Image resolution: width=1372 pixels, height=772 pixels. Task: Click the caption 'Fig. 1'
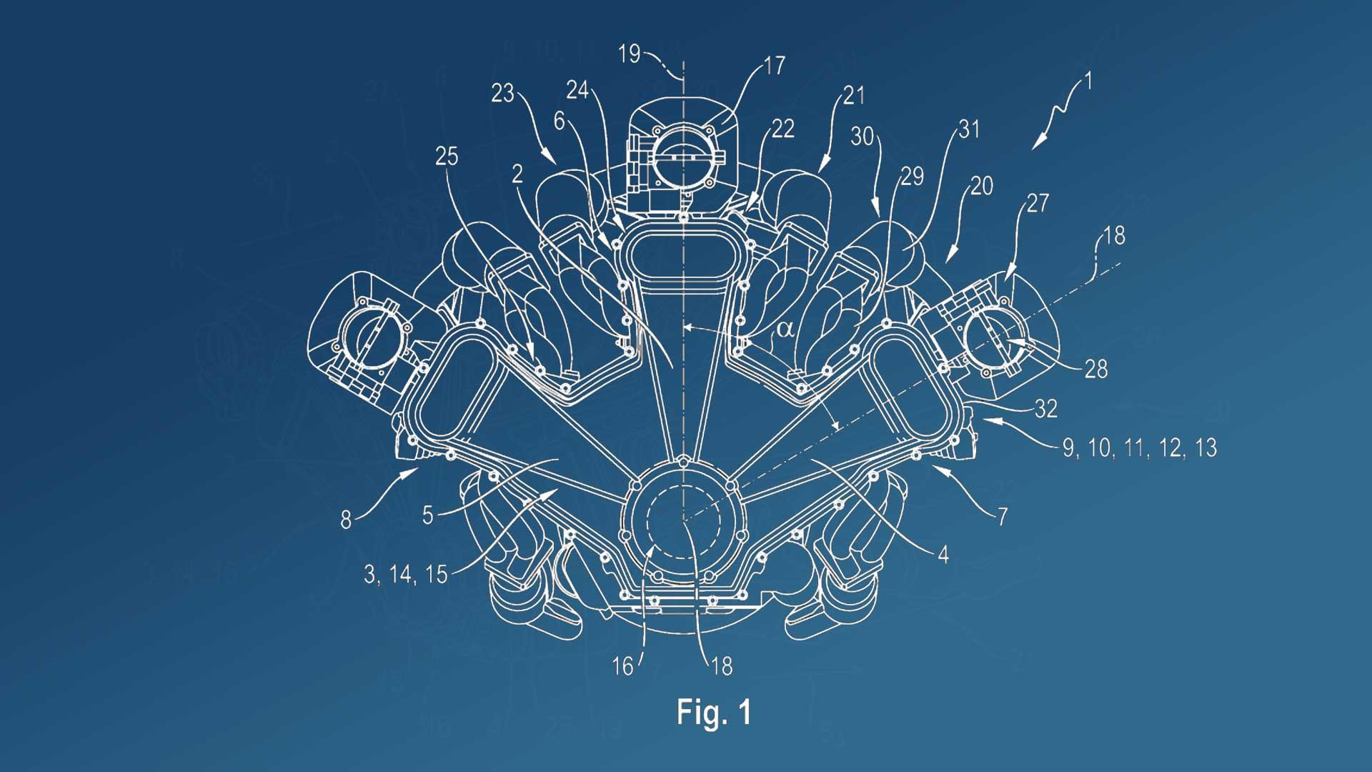(714, 712)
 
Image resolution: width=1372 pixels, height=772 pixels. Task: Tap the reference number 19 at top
(629, 54)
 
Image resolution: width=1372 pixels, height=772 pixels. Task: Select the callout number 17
(774, 66)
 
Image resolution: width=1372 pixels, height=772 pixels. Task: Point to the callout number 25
(447, 157)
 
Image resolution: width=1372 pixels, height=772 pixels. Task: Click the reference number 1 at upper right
(1088, 82)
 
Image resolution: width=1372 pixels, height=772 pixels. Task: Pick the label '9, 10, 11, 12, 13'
(1139, 448)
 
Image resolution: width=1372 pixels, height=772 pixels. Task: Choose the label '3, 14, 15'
(406, 574)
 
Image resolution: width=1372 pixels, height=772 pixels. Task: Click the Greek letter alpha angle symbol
(785, 329)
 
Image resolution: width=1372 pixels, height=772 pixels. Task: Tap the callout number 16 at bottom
(623, 667)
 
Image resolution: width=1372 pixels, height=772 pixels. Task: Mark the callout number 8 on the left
(346, 520)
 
